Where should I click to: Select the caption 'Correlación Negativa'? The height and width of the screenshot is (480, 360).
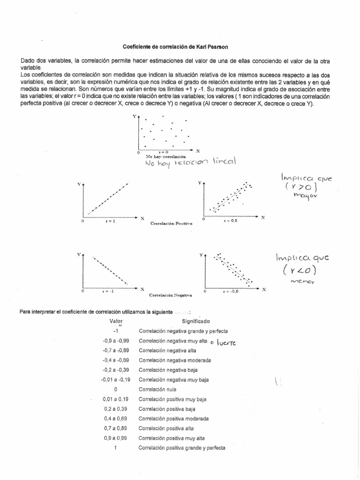(171, 295)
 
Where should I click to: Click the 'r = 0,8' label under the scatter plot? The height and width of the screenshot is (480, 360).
(231, 220)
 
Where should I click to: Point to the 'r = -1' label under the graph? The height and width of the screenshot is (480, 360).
(108, 291)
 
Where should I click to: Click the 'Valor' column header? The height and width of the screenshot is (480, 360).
(116, 322)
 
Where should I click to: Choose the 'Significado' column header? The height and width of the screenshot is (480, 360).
(195, 322)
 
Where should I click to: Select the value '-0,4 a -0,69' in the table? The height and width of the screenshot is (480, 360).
(115, 360)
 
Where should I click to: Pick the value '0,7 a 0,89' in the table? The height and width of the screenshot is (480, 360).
(115, 428)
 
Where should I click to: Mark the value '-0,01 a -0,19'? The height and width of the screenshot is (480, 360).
(115, 380)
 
